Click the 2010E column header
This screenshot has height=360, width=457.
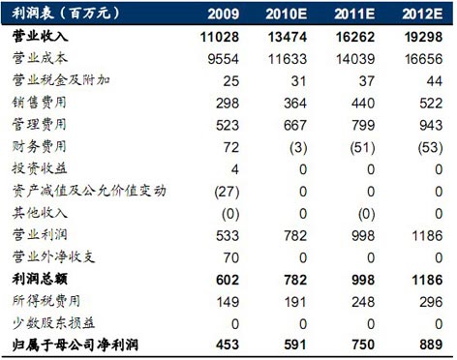(x=287, y=14)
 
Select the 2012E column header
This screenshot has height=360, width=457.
(x=422, y=14)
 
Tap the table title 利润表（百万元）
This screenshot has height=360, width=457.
(x=66, y=14)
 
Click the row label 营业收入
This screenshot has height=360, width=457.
(x=41, y=36)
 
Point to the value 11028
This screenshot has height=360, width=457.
(x=220, y=37)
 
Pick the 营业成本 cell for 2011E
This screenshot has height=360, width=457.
(x=355, y=59)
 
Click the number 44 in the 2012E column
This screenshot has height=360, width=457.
(x=435, y=81)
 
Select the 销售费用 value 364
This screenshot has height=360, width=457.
(x=295, y=104)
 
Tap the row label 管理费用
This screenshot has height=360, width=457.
(x=40, y=125)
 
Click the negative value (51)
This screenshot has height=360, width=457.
(x=363, y=147)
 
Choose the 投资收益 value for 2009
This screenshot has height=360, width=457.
(x=235, y=169)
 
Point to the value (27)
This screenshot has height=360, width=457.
(x=227, y=192)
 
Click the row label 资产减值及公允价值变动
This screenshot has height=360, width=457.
(x=89, y=191)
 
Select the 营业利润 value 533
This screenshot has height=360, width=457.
(x=228, y=236)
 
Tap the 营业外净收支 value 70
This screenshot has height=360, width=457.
(x=231, y=257)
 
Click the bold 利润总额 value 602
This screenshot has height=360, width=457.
(x=228, y=280)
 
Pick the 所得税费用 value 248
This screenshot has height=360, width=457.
(x=363, y=302)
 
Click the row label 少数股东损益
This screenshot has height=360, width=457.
(x=53, y=323)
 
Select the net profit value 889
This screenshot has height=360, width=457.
(x=431, y=345)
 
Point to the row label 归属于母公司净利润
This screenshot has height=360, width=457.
(x=76, y=345)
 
